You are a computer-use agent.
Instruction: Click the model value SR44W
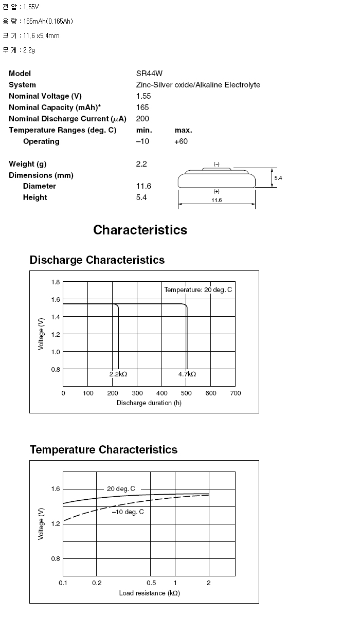point(149,74)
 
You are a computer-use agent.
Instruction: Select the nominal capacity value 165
point(142,107)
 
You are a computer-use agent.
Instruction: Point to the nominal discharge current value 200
point(142,119)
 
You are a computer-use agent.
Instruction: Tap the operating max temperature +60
point(181,141)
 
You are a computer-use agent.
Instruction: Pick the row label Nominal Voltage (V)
point(45,96)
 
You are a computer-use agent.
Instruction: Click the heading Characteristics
point(140,230)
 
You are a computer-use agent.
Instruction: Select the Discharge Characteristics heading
point(97,260)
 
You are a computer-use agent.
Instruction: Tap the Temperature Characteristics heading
point(103,450)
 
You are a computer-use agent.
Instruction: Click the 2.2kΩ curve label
point(118,374)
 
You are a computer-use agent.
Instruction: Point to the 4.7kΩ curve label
point(187,374)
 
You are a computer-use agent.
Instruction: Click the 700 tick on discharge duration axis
point(236,393)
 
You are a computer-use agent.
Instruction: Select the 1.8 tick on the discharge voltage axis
point(56,282)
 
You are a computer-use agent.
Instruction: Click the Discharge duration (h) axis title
point(149,403)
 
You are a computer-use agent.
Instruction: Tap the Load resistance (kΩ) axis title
point(149,593)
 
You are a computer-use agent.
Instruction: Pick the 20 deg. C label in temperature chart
point(121,489)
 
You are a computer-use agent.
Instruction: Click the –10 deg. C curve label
point(128,512)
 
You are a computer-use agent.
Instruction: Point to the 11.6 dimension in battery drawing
point(217,200)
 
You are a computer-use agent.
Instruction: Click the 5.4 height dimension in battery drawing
point(278,178)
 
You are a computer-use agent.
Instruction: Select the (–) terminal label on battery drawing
point(217,164)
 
